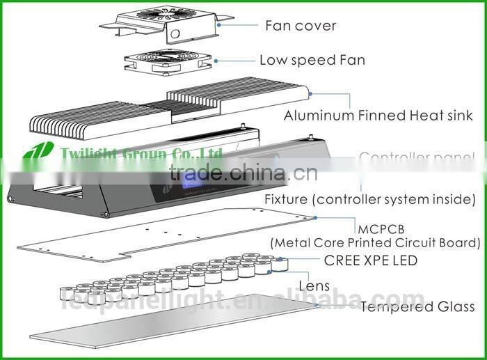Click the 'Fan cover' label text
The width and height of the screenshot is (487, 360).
point(301,26)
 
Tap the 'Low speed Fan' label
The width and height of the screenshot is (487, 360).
point(312,60)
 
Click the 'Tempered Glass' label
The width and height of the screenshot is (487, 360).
point(417,306)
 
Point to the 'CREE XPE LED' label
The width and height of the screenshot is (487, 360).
point(371,260)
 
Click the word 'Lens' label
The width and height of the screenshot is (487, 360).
point(314,285)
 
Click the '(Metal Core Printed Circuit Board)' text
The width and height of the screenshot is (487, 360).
point(376,243)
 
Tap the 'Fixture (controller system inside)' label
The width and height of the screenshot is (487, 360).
point(369,199)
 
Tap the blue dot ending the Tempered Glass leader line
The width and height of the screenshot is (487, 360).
point(317,305)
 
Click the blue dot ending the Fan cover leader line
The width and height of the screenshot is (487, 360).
point(221,24)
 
